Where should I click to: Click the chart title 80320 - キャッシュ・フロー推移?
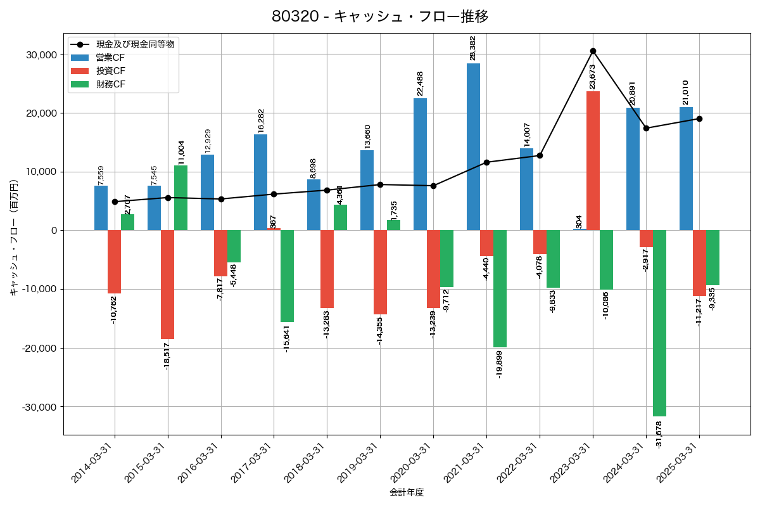coord(380,16)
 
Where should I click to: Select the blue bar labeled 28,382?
coord(473,146)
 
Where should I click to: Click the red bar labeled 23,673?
coord(593,160)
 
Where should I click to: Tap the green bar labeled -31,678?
coord(659,323)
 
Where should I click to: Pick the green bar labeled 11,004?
coord(180,198)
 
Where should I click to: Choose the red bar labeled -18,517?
coord(167,285)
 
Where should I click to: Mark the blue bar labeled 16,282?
coord(260,182)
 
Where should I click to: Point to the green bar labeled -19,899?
coord(500,288)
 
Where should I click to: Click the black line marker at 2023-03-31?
coord(593,51)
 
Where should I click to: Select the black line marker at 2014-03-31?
coord(115,202)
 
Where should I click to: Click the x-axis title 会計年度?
coord(407,492)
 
